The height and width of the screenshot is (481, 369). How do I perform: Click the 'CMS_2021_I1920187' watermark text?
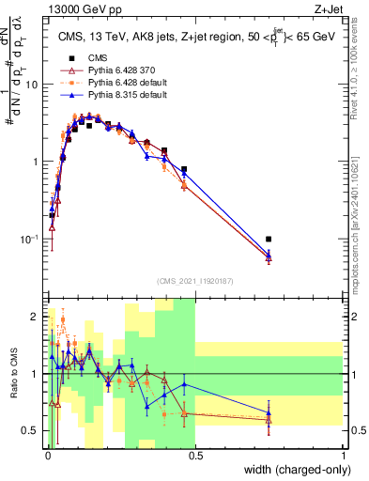(195, 279)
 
